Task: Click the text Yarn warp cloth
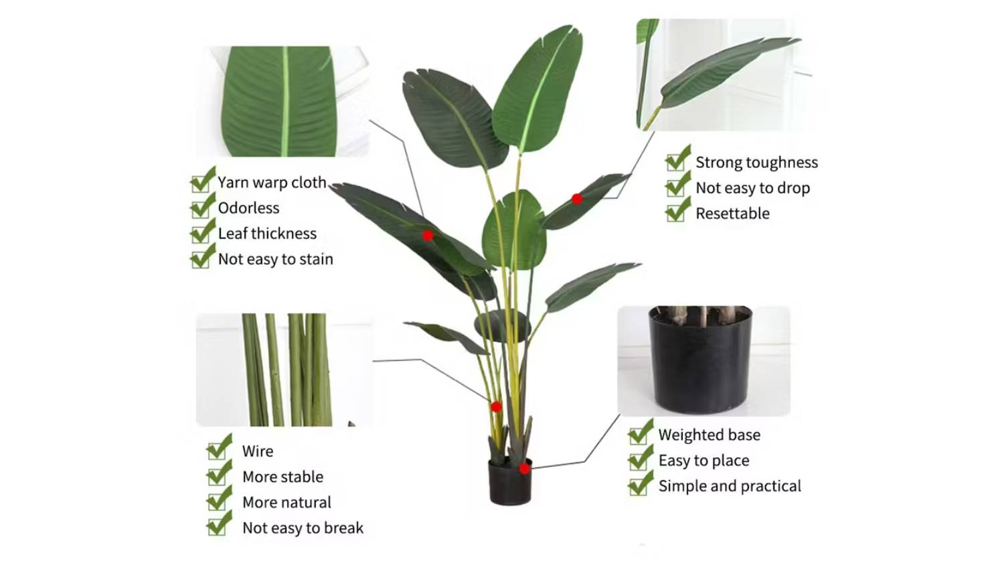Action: click(x=272, y=183)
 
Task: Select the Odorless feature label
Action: click(x=248, y=208)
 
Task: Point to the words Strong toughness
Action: click(x=756, y=162)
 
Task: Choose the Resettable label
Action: click(x=732, y=214)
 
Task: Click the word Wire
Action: click(x=258, y=451)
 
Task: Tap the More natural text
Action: click(x=287, y=502)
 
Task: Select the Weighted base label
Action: click(x=709, y=435)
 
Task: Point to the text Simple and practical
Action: click(x=730, y=486)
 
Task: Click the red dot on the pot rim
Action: click(x=524, y=469)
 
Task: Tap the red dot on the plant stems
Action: click(x=496, y=407)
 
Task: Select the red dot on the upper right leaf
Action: click(x=577, y=199)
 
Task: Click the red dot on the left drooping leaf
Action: click(x=428, y=236)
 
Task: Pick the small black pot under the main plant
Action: click(x=510, y=482)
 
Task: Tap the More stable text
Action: click(x=283, y=477)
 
